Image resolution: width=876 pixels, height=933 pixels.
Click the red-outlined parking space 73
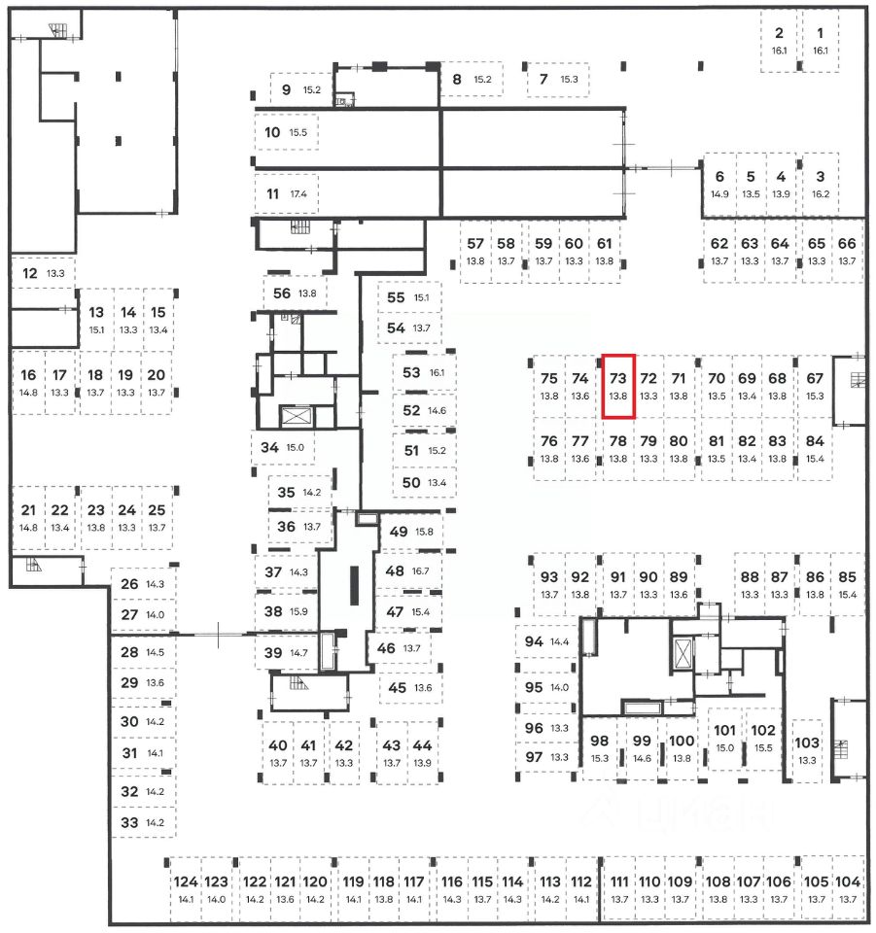point(618,386)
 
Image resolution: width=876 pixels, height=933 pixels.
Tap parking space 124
point(185,889)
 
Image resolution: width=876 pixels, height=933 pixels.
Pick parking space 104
point(848,889)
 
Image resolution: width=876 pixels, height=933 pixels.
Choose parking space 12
point(43,273)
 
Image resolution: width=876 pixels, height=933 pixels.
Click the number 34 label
point(270,447)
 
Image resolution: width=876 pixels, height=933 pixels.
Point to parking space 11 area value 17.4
point(298,193)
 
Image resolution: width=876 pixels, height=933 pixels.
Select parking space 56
point(295,293)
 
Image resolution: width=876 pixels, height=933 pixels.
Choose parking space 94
point(545,641)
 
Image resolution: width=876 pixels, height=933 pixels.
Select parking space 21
point(28,517)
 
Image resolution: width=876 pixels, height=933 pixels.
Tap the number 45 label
point(397,687)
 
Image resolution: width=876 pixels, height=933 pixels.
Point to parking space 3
point(820,184)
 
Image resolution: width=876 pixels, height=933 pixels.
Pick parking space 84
point(815,447)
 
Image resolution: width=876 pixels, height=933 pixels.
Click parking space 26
point(142,584)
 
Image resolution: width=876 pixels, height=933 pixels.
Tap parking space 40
point(278,752)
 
